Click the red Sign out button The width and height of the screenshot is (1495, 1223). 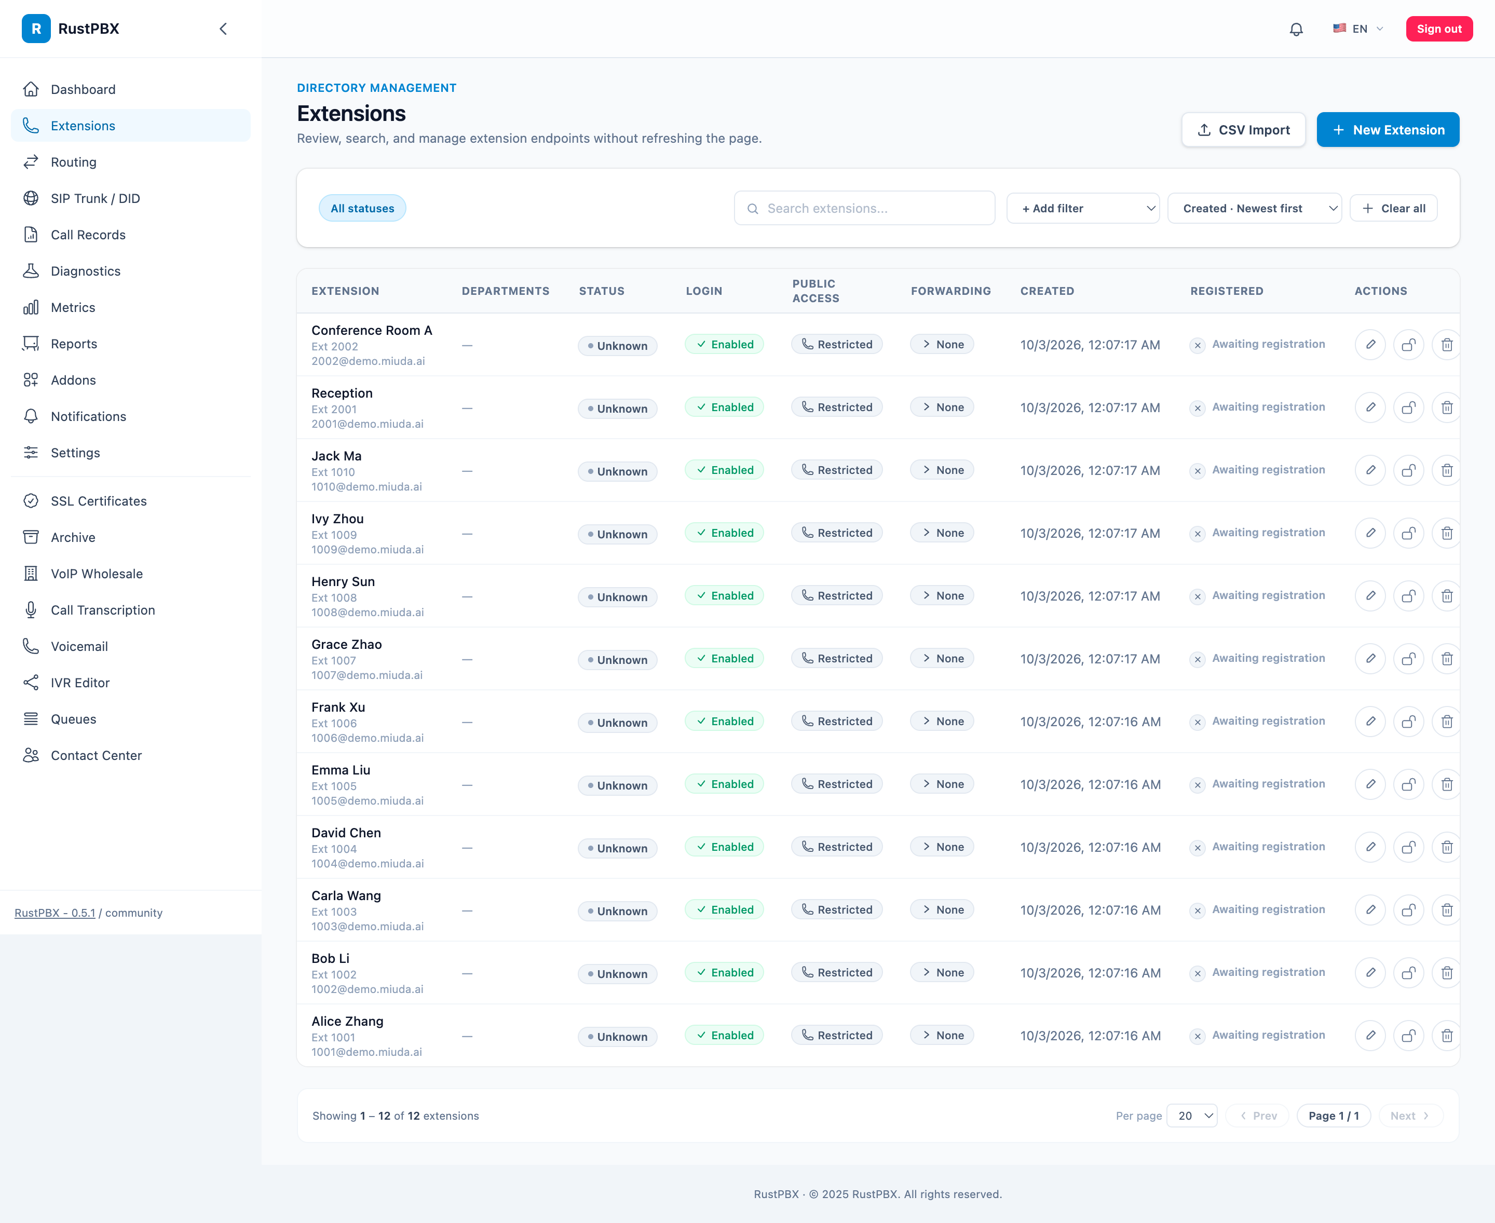click(1438, 29)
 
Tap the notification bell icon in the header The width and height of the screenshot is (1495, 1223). click(1296, 30)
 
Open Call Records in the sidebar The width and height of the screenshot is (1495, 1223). click(88, 235)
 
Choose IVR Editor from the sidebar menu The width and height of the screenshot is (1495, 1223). click(79, 683)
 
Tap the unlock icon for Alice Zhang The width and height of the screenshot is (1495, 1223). click(1408, 1036)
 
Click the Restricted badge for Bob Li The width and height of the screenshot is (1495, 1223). click(837, 973)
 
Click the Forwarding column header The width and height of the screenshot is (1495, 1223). click(950, 291)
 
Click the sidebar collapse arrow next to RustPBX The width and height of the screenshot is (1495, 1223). click(223, 29)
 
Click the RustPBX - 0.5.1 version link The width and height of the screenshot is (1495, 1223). click(55, 913)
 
